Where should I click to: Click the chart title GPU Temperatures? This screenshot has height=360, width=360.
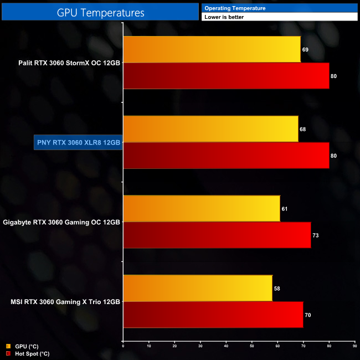100,12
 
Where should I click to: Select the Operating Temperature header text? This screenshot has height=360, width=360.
235,8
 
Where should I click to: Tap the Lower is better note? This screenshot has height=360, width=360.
224,17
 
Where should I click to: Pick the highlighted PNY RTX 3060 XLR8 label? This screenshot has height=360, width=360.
78,142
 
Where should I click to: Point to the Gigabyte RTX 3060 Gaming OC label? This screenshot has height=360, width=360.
61,222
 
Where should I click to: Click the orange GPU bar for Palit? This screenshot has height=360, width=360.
212,49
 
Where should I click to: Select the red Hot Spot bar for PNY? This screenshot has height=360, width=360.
226,156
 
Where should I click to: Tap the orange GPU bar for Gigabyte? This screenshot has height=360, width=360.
201,209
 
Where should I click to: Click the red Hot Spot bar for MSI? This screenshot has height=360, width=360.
213,315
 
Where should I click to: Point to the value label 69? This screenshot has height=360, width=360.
305,50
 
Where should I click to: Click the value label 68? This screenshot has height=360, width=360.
302,130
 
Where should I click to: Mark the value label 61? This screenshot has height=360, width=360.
285,209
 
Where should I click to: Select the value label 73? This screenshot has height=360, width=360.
316,235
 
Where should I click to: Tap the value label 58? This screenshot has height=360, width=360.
277,289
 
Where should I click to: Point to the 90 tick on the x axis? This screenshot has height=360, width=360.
354,346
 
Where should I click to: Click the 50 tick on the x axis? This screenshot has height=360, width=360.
251,346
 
